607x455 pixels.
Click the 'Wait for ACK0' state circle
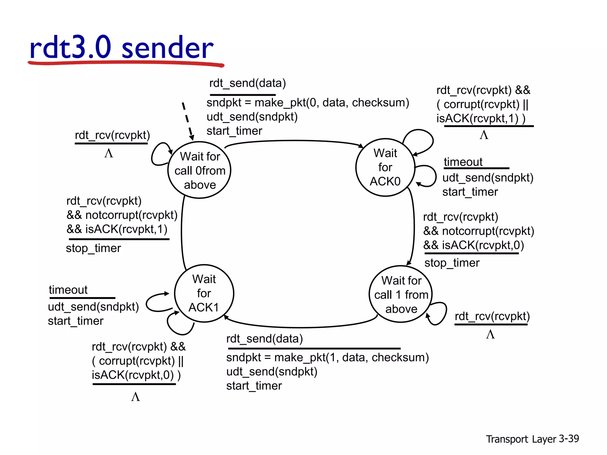click(x=385, y=167)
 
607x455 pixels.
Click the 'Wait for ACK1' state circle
click(x=204, y=293)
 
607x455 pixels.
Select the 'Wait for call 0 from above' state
click(x=199, y=170)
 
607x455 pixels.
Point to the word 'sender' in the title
click(x=167, y=47)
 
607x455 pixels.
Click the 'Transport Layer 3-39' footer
click(x=532, y=439)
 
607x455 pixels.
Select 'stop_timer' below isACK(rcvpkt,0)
click(x=452, y=263)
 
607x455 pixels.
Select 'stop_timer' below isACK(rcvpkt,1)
click(x=93, y=248)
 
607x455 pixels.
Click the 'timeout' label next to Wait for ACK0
click(x=463, y=162)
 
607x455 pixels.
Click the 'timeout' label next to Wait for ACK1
click(x=68, y=290)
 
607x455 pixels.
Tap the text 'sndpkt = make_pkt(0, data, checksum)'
click(x=308, y=102)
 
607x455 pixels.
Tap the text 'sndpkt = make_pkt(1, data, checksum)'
click(x=328, y=358)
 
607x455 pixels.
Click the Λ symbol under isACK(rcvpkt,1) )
click(x=484, y=135)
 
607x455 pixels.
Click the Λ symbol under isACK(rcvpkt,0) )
click(x=135, y=397)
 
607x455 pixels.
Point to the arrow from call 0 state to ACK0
click(x=293, y=141)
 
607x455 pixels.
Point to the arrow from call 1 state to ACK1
click(x=299, y=327)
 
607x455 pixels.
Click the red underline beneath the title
click(x=126, y=63)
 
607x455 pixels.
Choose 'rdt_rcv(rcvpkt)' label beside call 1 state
click(x=492, y=316)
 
